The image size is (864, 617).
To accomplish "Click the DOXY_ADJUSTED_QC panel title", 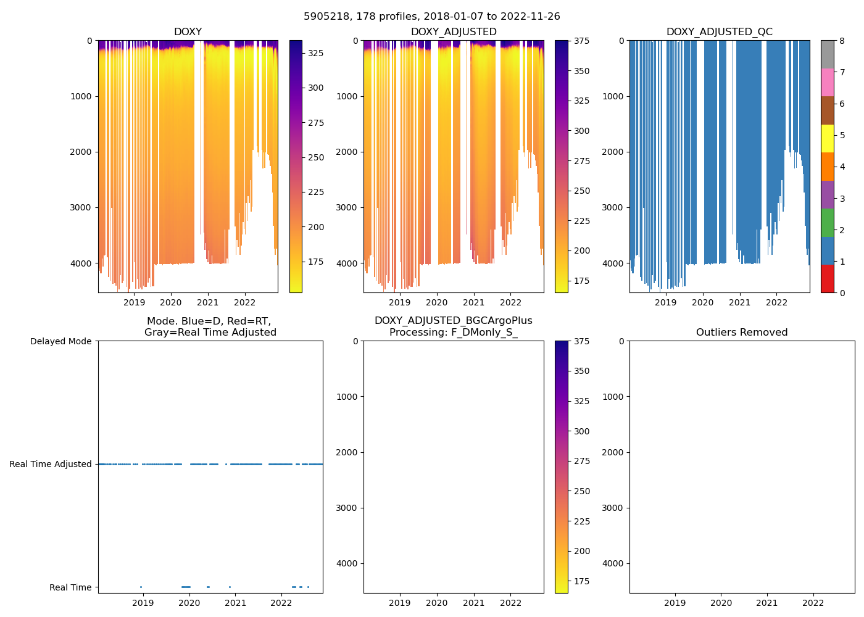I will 719,32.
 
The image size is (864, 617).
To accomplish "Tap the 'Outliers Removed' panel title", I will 742,333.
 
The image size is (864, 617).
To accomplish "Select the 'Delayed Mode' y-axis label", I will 60,341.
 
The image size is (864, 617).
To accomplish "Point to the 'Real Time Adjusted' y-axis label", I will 51,464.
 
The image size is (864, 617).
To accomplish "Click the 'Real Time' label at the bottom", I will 70,587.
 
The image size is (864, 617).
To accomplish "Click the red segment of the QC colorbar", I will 827,279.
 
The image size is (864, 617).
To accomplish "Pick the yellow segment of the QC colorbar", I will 827,138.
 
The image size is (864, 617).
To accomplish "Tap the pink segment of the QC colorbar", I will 827,82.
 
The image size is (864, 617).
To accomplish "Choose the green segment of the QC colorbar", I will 827,223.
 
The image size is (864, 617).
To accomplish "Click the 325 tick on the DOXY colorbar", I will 315,53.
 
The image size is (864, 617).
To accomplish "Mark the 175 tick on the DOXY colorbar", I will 315,262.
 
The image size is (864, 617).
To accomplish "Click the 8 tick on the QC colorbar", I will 842,41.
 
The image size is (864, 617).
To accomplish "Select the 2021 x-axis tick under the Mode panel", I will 235,603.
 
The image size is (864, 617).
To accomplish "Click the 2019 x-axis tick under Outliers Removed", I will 675,603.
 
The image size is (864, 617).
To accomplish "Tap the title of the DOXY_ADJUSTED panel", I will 454,32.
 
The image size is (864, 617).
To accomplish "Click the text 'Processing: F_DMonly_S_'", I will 454,333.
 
